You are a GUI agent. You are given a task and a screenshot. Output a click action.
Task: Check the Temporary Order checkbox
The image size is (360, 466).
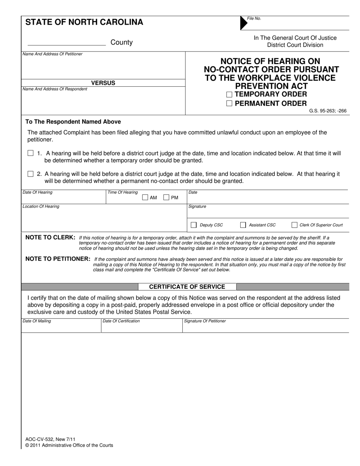[x=229, y=95]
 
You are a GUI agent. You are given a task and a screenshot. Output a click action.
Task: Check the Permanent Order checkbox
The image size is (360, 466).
[x=229, y=104]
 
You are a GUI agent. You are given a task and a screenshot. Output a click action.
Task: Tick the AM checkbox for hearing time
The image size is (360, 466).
[x=145, y=197]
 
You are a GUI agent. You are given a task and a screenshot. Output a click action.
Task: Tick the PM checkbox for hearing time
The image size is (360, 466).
[x=166, y=197]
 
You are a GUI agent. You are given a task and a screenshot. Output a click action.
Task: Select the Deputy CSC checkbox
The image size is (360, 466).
[x=194, y=225]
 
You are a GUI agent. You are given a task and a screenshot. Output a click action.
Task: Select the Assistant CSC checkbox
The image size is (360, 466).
[x=243, y=225]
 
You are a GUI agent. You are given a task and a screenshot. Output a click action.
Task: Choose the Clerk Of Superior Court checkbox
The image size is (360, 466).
[x=294, y=225]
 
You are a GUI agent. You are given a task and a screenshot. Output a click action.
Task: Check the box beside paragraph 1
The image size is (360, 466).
[x=31, y=153]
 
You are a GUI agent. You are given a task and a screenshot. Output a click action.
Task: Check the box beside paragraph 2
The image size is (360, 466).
[x=31, y=174]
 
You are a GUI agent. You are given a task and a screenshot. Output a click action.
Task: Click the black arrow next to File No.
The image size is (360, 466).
[x=243, y=23]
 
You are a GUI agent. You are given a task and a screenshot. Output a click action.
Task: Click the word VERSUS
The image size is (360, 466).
[x=103, y=83]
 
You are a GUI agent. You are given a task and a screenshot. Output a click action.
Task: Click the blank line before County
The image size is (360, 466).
[x=67, y=44]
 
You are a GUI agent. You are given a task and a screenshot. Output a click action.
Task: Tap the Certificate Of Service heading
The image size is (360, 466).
[x=187, y=287]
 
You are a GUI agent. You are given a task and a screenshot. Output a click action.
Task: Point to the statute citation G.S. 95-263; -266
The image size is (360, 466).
[x=327, y=111]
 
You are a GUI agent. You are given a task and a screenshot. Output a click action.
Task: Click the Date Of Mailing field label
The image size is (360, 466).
[x=37, y=321]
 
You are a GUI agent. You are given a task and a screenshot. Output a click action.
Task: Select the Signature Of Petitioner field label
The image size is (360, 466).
[x=205, y=321]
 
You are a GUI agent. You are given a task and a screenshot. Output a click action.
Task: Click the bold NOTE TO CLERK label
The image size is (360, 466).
[x=50, y=237]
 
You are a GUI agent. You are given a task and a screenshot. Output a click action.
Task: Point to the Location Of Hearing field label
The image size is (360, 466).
[x=41, y=206]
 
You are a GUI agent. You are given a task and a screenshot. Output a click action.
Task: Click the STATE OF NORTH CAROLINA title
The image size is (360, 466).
[x=84, y=22]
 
